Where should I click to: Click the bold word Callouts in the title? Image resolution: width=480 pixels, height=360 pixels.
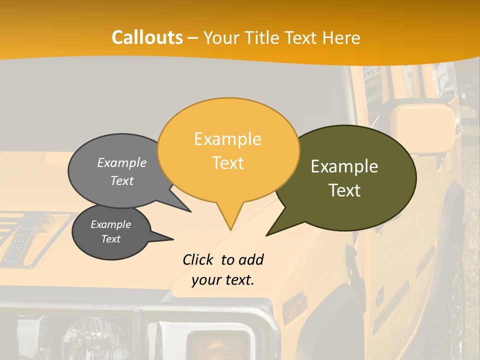[x=147, y=37]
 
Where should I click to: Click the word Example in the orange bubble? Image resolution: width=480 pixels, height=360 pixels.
[x=227, y=138]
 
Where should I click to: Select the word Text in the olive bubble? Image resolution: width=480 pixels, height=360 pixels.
[x=345, y=190]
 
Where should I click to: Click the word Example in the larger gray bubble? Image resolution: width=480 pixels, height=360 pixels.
[x=122, y=162]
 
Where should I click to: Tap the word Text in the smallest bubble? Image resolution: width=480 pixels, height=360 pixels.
[x=110, y=239]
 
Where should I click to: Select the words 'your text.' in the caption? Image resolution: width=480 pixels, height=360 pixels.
[x=223, y=280]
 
